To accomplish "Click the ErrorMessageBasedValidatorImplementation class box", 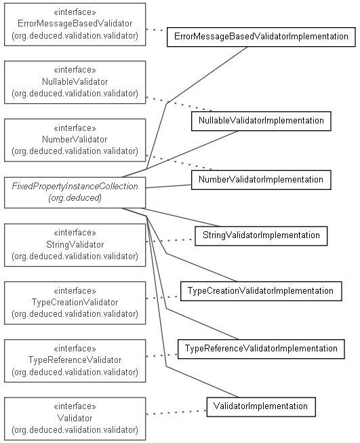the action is pos(261,37).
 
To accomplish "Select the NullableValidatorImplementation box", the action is pos(261,121).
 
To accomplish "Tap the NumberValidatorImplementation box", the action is pos(261,180).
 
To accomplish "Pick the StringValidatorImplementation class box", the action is pos(261,235).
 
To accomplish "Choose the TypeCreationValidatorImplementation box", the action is pos(261,291).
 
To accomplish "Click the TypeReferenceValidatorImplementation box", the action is pos(261,349).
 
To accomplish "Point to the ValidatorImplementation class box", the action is pos(261,407).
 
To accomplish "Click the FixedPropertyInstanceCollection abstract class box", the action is pos(75,193).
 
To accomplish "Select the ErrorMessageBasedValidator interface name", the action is pos(75,24).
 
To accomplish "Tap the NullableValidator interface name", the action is pos(75,81).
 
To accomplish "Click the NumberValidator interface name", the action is pos(75,139).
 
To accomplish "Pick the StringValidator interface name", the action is pos(75,244).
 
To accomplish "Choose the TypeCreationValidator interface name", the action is pos(75,303).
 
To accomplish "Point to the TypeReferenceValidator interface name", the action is pos(75,360).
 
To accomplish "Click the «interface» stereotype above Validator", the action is pos(75,406).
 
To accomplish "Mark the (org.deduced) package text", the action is pos(75,198).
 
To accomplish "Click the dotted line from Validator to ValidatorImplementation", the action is pos(176,412).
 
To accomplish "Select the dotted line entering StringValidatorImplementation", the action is pos(170,240).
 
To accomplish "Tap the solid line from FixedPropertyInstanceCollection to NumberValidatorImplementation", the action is pos(169,187).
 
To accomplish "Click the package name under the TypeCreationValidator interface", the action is pos(75,314).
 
